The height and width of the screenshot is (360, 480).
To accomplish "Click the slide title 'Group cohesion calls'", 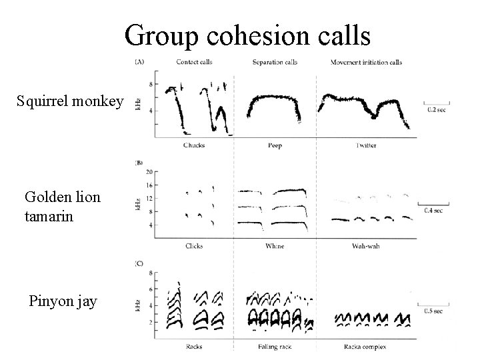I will [247, 35].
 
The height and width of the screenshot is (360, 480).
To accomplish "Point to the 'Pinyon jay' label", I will [63, 301].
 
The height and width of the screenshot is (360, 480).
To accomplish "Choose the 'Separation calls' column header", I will [275, 63].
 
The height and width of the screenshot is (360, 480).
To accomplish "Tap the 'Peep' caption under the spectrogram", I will [275, 145].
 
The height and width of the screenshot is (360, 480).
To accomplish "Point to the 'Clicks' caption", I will [193, 246].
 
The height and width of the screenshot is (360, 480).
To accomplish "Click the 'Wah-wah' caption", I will [365, 246].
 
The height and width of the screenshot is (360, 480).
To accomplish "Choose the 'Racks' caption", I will [193, 346].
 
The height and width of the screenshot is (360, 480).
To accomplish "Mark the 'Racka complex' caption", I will [365, 346].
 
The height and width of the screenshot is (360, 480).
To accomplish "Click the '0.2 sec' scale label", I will [437, 111].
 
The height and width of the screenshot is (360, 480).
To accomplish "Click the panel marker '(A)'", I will [139, 62].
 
